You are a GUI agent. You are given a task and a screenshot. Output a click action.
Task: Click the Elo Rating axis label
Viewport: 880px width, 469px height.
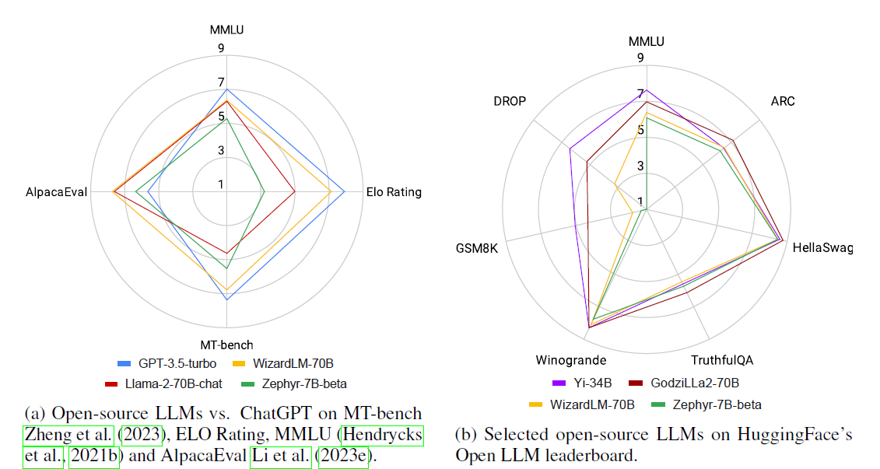point(394,192)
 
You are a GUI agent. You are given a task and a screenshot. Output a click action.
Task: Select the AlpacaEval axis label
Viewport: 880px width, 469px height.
point(56,192)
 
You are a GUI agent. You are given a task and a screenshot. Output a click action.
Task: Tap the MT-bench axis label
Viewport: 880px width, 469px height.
point(226,345)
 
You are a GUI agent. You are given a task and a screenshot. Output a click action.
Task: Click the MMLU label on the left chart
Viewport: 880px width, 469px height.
point(226,30)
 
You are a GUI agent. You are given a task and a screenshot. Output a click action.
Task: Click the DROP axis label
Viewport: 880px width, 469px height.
point(510,101)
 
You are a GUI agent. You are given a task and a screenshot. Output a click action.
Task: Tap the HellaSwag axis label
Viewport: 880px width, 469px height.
point(822,249)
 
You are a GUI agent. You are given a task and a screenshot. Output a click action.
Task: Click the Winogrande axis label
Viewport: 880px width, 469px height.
point(570,360)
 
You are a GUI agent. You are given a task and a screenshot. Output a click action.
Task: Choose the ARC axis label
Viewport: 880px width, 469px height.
point(783,101)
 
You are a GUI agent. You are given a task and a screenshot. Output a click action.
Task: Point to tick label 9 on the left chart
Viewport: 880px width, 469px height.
point(222,48)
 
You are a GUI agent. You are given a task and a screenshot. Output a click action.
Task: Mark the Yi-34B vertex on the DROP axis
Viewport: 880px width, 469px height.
point(570,149)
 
